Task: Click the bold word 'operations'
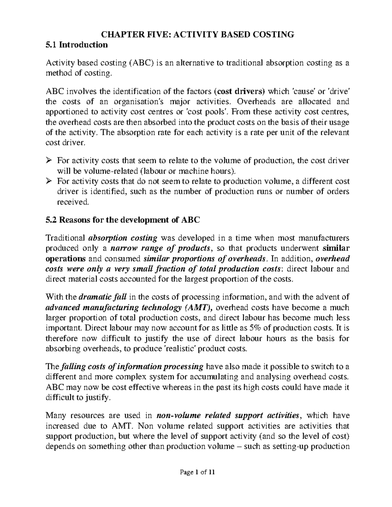(x=65, y=259)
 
